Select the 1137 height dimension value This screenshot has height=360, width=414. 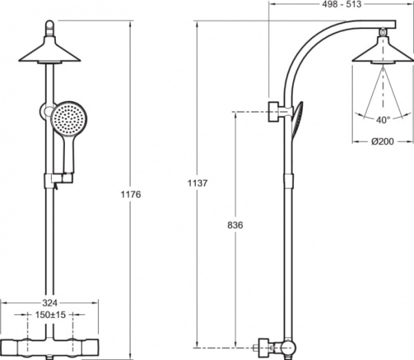(x=198, y=183)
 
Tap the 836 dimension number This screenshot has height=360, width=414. (x=235, y=226)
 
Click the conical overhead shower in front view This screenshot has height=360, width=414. (x=48, y=51)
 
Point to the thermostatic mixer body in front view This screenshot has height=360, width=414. (x=48, y=346)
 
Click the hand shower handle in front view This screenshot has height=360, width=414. (x=68, y=155)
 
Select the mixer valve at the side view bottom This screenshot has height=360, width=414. (x=276, y=346)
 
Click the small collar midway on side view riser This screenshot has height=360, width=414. (x=286, y=181)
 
